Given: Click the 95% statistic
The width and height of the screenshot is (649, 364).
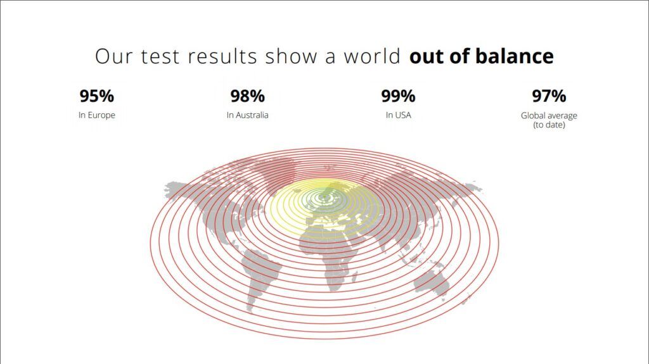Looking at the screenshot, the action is coord(96,96).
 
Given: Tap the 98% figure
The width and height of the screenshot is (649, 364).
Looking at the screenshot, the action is coord(248,96).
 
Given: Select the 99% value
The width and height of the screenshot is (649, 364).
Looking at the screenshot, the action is coord(398,96).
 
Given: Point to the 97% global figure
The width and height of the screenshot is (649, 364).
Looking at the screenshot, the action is coord(549,96).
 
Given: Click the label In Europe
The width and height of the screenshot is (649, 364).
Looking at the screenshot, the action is coord(97,115).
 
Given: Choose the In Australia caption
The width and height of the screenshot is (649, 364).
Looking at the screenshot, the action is coord(248,115).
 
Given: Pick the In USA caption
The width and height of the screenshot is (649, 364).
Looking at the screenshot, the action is coord(398,115).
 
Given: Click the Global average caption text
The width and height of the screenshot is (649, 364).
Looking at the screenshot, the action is coord(549,115).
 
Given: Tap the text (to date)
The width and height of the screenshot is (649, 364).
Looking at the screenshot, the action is coord(549,125).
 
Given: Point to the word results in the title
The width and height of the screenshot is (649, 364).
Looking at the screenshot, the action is coord(222,56).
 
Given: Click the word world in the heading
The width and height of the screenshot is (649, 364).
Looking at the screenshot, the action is coord(372,56).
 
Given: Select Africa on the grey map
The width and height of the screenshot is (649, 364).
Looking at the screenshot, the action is coord(331,256).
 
